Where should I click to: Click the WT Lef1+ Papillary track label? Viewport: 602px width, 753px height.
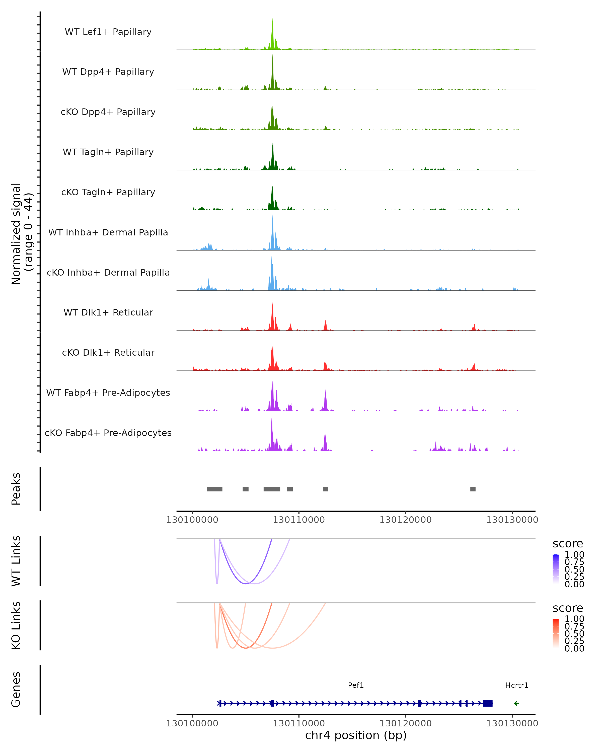point(108,32)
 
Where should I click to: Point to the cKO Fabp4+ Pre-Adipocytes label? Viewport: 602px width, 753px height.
point(108,433)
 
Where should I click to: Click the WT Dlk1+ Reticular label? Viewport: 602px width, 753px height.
point(108,312)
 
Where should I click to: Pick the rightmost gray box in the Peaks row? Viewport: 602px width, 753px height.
point(473,489)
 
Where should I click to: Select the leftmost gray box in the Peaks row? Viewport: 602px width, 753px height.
point(214,489)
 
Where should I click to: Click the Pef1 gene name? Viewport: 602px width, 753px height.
point(356,685)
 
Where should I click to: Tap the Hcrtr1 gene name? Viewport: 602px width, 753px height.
point(516,685)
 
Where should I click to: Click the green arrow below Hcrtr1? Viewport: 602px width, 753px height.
point(516,703)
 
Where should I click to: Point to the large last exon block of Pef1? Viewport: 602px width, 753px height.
point(488,703)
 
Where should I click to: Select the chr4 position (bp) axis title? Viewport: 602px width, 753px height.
point(356,735)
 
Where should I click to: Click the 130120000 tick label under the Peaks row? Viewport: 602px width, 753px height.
point(406,520)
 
